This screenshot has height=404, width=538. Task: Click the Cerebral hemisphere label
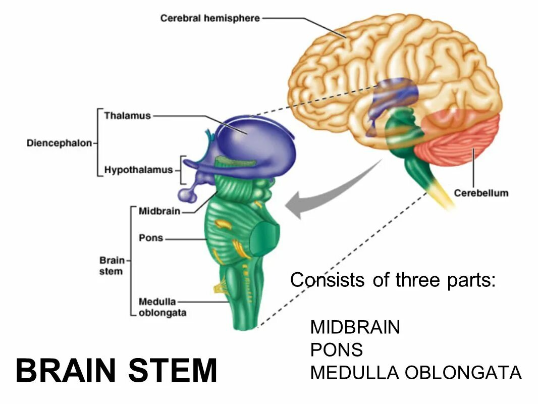(x=210, y=18)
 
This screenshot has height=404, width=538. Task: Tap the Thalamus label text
(x=127, y=116)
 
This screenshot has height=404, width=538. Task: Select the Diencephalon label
(x=59, y=143)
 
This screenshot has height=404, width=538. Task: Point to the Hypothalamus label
(x=138, y=170)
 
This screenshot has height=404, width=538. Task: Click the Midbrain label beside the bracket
(x=159, y=211)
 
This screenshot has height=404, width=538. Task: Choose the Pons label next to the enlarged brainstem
(x=150, y=237)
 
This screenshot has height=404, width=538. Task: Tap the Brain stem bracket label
(x=111, y=266)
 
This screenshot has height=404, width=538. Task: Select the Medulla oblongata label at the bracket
(x=162, y=307)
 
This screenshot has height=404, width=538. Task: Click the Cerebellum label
(x=480, y=193)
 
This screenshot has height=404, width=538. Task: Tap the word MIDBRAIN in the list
(x=355, y=327)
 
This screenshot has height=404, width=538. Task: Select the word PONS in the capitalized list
(x=336, y=350)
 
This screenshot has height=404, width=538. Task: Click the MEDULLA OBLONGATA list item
(x=415, y=373)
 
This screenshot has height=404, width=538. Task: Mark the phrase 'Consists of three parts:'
(x=393, y=280)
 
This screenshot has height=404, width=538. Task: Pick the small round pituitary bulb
(x=186, y=195)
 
